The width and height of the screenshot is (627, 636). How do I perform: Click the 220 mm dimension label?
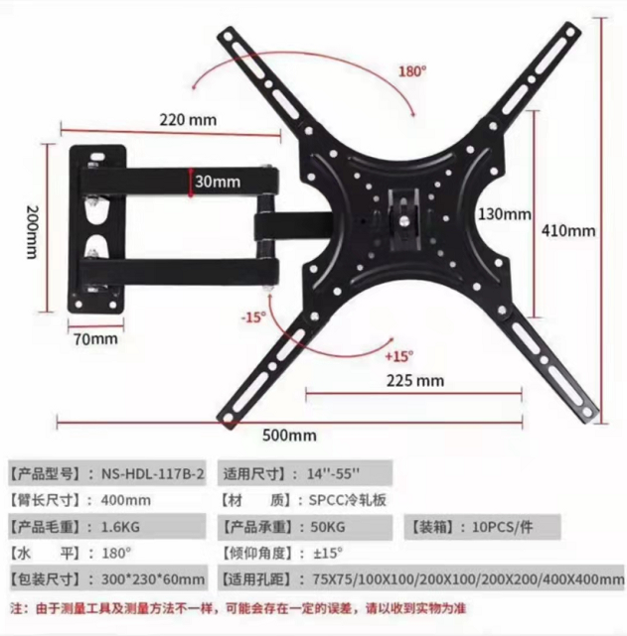[188, 120]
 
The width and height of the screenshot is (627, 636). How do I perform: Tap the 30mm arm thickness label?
[218, 182]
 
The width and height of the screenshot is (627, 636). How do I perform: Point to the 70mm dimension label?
[95, 338]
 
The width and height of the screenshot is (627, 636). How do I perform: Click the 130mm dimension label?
[505, 214]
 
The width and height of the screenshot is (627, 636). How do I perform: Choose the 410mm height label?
[568, 230]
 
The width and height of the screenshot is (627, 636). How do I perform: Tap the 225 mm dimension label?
[415, 380]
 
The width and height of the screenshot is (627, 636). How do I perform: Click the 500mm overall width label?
[290, 435]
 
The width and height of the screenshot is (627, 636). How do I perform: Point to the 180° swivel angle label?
[412, 71]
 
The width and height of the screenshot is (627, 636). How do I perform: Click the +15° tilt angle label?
[398, 354]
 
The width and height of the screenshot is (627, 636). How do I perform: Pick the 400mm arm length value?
[126, 499]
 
